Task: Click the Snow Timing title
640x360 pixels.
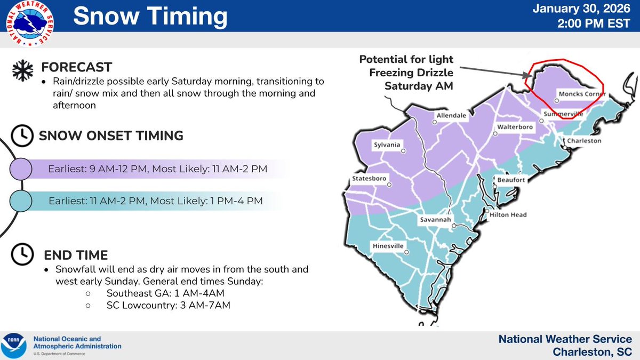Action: tap(150, 17)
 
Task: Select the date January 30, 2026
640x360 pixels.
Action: tap(589, 10)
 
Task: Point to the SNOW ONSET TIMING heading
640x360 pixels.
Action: tap(111, 136)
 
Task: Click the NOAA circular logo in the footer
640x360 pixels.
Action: tap(15, 344)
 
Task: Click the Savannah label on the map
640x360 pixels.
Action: tap(434, 220)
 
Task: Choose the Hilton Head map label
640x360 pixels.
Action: tap(508, 214)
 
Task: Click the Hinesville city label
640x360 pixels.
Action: tap(387, 246)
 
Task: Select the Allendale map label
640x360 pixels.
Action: tap(451, 115)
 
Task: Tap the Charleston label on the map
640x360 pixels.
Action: tap(583, 141)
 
